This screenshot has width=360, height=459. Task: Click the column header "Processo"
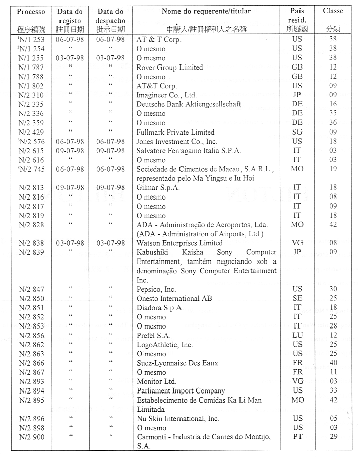tap(31, 11)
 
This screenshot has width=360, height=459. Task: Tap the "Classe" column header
tap(333, 11)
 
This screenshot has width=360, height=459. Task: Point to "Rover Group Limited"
tap(169, 67)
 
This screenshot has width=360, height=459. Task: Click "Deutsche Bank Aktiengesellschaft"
tap(189, 104)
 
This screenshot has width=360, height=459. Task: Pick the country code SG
tap(297, 132)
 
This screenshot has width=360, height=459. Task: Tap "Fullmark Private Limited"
tap(175, 132)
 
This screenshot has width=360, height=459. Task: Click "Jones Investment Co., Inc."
tap(177, 141)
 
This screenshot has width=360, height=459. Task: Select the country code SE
tap(297, 298)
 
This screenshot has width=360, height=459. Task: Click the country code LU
tap(297, 335)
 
